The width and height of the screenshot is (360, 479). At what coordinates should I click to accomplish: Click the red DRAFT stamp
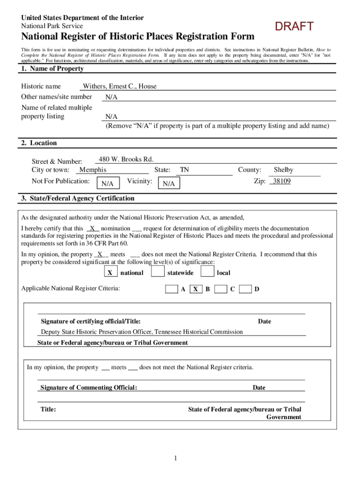[294, 27]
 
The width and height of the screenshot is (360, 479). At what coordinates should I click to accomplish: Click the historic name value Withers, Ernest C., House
[120, 86]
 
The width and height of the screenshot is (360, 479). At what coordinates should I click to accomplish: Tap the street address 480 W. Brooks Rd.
[126, 159]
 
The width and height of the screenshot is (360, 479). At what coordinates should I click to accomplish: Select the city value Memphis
[93, 170]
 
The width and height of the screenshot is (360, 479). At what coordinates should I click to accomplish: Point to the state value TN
[185, 170]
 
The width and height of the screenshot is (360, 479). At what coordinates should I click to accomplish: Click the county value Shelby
[283, 170]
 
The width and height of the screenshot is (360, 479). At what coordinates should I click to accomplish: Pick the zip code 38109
[281, 181]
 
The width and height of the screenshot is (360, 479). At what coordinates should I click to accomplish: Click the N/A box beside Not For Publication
[108, 183]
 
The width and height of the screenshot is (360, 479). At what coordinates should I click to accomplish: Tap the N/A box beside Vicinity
[169, 183]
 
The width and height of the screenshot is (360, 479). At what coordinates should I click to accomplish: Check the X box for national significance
[110, 272]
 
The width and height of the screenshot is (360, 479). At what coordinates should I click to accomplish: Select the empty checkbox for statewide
[158, 272]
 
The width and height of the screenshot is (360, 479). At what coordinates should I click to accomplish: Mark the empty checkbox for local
[207, 272]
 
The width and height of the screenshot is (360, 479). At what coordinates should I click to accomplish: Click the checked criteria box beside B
[196, 289]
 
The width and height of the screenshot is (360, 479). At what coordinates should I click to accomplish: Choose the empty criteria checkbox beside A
[172, 289]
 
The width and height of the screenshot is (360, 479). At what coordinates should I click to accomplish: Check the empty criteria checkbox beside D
[245, 289]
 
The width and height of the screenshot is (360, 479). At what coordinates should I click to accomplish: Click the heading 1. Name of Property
[52, 69]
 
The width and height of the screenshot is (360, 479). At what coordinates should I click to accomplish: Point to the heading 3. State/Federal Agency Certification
[78, 198]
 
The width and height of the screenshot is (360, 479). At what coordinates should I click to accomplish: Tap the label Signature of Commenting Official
[89, 387]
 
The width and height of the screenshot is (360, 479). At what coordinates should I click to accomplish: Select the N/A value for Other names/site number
[111, 97]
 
